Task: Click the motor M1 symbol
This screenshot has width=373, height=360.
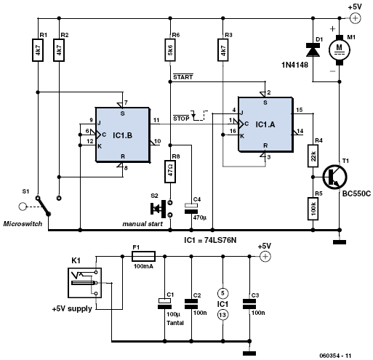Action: click(x=340, y=50)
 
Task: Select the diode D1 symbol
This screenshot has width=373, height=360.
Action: click(x=313, y=49)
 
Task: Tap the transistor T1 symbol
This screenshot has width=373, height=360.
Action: click(x=334, y=177)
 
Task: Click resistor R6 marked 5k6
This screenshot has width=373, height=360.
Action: click(x=170, y=50)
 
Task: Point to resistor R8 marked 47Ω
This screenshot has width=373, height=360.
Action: click(x=170, y=172)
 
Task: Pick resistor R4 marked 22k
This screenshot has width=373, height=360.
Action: click(x=313, y=156)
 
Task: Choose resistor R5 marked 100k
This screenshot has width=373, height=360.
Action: click(x=313, y=209)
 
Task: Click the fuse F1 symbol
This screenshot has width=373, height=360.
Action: click(x=143, y=256)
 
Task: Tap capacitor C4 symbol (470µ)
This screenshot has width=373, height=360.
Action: click(x=191, y=208)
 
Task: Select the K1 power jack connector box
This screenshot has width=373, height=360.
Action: click(x=84, y=283)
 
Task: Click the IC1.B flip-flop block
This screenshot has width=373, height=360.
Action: click(x=122, y=135)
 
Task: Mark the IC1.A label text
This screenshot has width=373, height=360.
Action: click(x=265, y=124)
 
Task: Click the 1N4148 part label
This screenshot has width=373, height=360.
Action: click(x=294, y=65)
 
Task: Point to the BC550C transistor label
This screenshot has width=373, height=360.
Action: click(x=356, y=193)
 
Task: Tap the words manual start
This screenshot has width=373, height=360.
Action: click(x=143, y=224)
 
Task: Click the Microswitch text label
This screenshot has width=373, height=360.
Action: click(x=23, y=224)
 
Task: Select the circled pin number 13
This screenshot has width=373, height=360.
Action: click(x=222, y=315)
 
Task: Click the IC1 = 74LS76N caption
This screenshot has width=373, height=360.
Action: click(x=210, y=240)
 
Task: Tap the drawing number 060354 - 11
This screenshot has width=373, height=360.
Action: click(x=335, y=356)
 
